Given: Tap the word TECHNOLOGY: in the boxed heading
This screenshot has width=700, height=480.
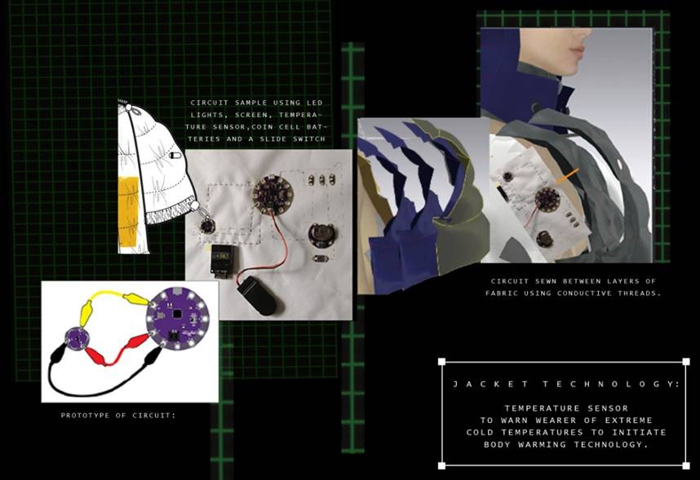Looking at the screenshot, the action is coord(612,384).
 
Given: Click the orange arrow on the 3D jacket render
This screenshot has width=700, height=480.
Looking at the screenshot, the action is coord(567,176).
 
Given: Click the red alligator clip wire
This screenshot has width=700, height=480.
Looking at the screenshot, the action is coord(116,352).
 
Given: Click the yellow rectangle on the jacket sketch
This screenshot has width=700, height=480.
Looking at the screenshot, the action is coord(127,211).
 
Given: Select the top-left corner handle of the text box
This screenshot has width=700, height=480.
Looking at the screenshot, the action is coord(442,361).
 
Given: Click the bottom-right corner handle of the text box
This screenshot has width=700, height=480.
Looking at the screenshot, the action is coord(686,465).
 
